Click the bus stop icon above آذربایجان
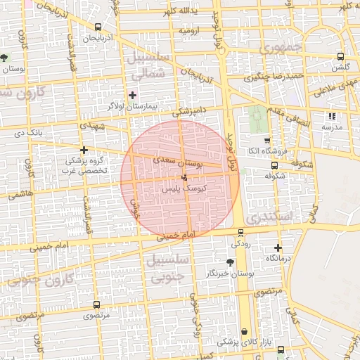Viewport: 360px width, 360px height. pos(97,27)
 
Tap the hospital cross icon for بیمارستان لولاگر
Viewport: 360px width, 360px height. pos(132,95)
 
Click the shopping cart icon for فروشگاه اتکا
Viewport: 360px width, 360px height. pos(265,141)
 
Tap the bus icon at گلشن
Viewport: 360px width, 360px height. pos(341,57)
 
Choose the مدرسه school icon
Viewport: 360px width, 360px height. pos(332,116)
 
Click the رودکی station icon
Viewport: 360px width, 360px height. pos(241,233)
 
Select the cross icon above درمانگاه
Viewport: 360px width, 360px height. pos(278,247)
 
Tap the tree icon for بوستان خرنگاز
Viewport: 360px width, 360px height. pos(231,262)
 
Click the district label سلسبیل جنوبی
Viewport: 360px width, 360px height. pos(167,267)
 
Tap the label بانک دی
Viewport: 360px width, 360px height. pos(29,132)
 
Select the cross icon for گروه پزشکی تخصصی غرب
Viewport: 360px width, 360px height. pos(84,150)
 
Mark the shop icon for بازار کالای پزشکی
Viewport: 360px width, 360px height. pos(244,331)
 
